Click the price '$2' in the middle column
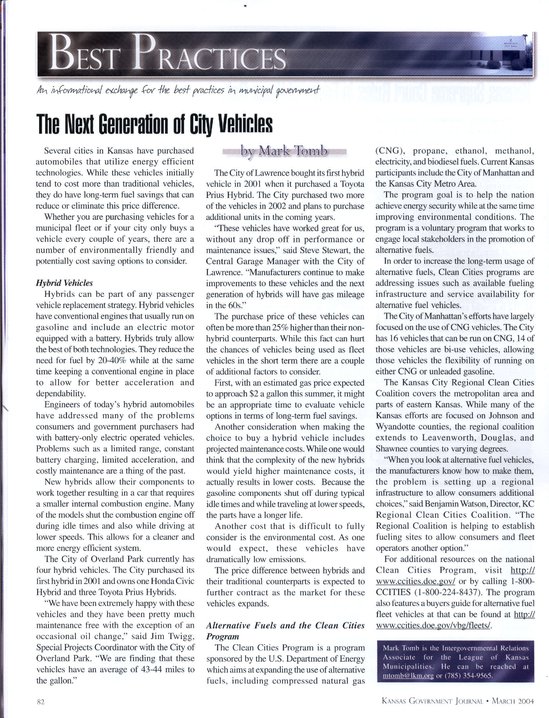pos(254,394)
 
